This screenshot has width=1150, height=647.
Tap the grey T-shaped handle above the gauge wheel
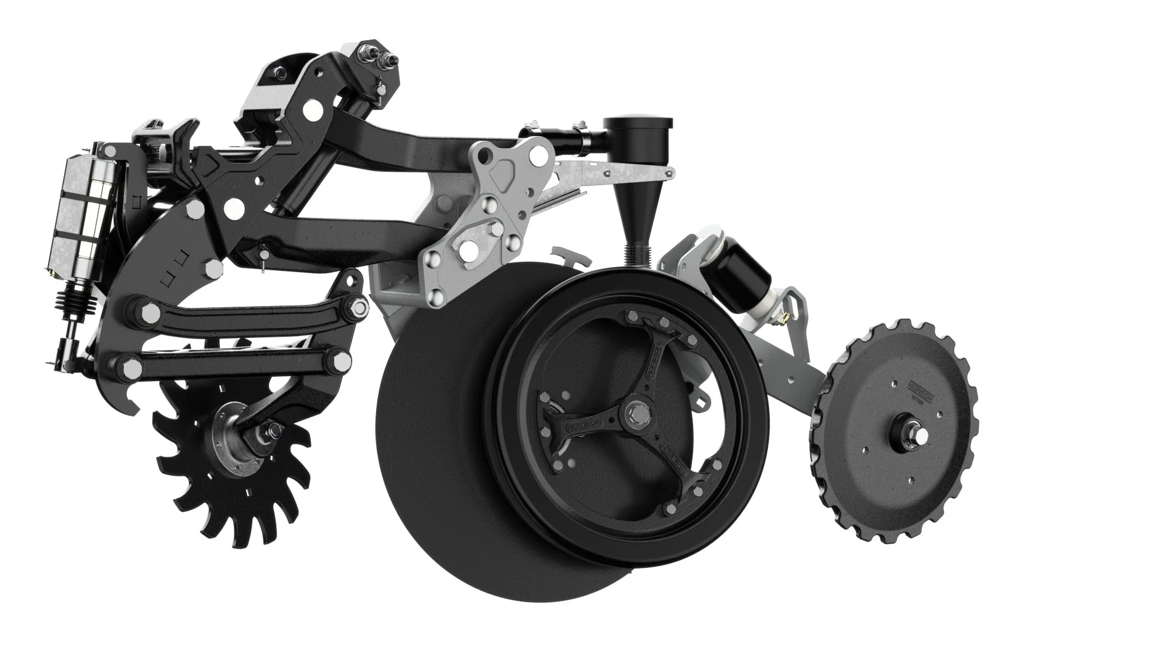(x=569, y=258)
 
